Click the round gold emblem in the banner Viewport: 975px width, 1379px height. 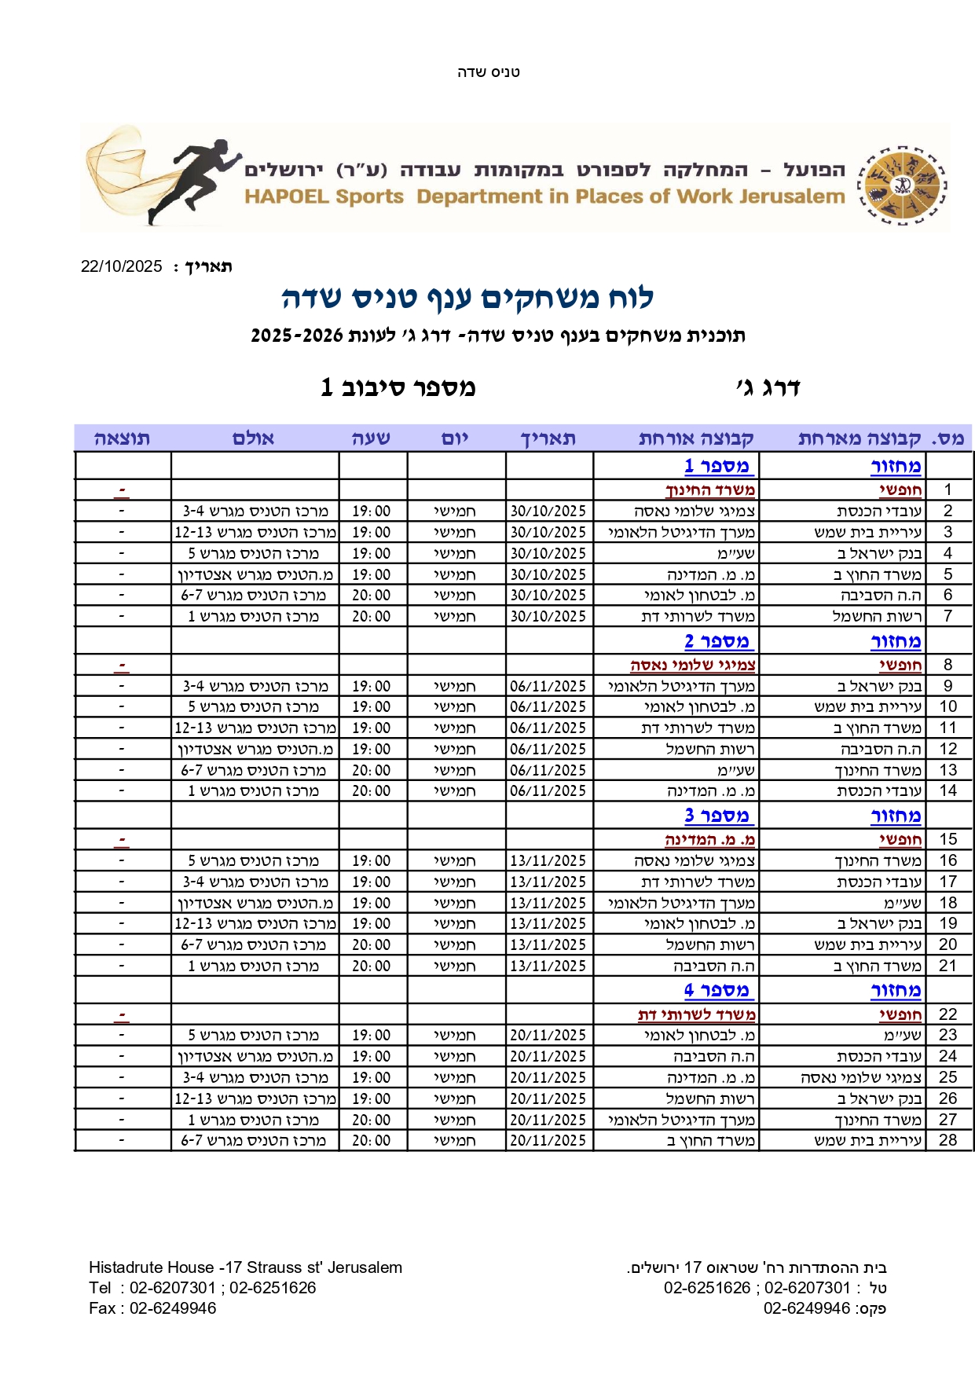pyautogui.click(x=902, y=185)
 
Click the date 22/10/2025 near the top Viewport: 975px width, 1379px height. pyautogui.click(x=122, y=266)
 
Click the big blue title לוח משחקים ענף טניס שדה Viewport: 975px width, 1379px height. pyautogui.click(x=467, y=298)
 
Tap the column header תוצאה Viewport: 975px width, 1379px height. pyautogui.click(x=122, y=438)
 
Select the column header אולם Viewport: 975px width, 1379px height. pyautogui.click(x=253, y=438)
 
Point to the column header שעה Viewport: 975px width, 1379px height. pyautogui.click(x=371, y=438)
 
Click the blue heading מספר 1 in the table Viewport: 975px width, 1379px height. pyautogui.click(x=717, y=466)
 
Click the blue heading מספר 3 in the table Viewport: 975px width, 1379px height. pyautogui.click(x=717, y=816)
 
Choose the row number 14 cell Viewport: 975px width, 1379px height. pyautogui.click(x=948, y=790)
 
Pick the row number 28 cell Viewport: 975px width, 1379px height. pyautogui.click(x=948, y=1140)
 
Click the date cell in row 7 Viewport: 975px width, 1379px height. pyautogui.click(x=548, y=617)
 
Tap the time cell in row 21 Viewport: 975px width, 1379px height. pyautogui.click(x=371, y=966)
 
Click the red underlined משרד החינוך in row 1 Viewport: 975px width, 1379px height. pyautogui.click(x=710, y=490)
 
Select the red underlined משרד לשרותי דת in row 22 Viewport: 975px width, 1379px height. pyautogui.click(x=696, y=1014)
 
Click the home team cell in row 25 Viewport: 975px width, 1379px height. pyautogui.click(x=861, y=1077)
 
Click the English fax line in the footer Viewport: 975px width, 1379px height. pyautogui.click(x=152, y=1308)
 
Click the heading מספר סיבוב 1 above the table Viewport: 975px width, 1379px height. pyautogui.click(x=398, y=387)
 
